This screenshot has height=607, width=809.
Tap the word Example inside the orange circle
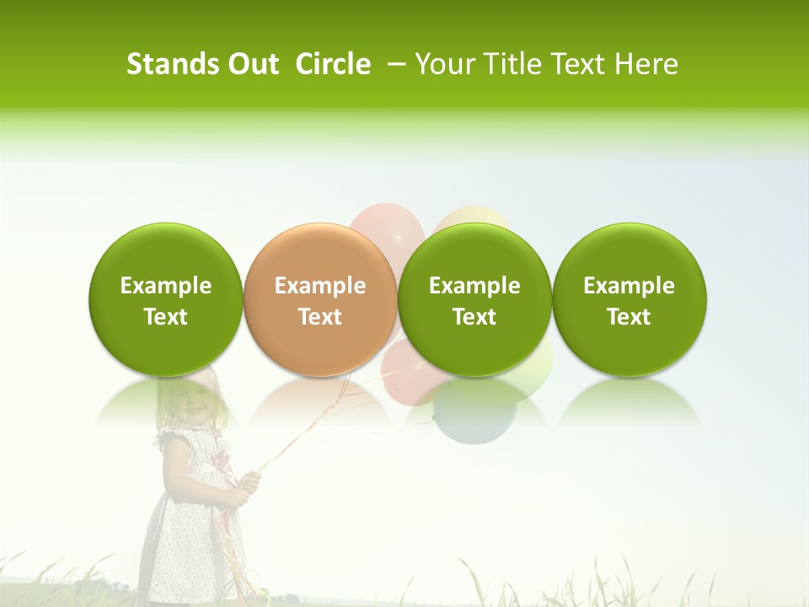pos(320,286)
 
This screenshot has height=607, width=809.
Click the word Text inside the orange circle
pos(320,317)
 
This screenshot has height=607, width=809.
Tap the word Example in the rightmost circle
pos(629,286)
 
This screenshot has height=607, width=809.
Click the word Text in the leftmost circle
pos(166,317)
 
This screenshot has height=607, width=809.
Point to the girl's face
pos(190,404)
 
